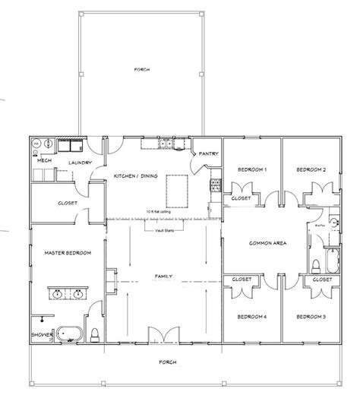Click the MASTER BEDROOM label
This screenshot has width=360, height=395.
point(62,253)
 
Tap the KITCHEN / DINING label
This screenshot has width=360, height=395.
point(136,175)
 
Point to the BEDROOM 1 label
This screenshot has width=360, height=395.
point(251,169)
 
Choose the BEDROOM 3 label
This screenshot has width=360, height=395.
point(311,316)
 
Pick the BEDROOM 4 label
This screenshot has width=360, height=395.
point(251,316)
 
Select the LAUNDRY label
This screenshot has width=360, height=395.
point(81,163)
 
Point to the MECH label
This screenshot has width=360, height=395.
point(44,162)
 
